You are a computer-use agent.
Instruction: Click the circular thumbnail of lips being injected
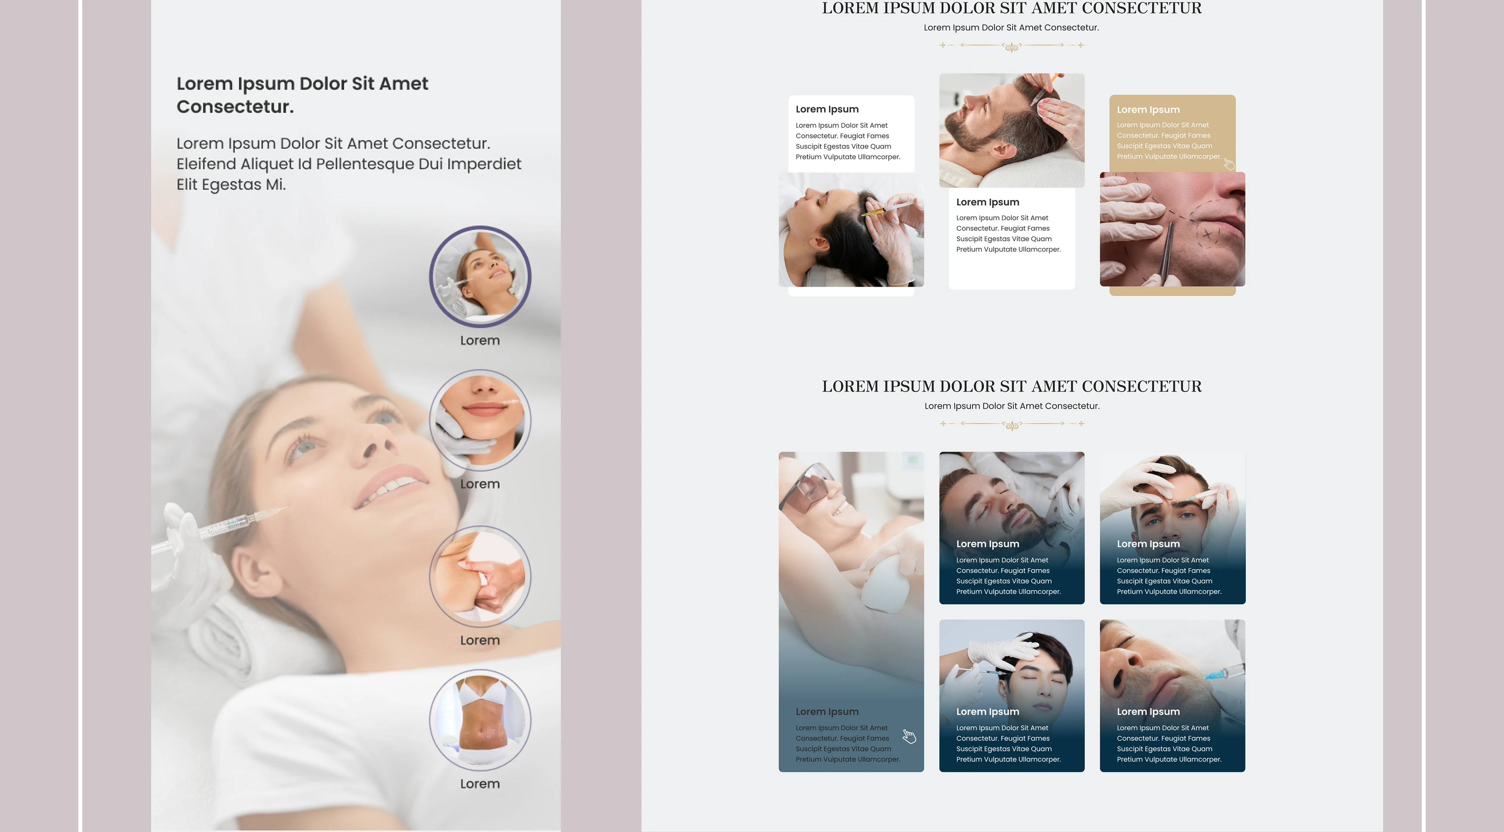coord(480,420)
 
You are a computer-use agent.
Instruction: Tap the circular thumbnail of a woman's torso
coord(480,720)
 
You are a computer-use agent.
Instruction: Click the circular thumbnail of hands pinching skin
coord(480,576)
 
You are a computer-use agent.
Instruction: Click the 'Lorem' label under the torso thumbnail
coord(480,783)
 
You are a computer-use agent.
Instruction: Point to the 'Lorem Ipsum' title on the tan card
coord(1148,110)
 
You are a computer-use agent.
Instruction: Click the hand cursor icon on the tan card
coord(1229,164)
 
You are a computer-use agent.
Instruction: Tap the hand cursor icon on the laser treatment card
coord(909,736)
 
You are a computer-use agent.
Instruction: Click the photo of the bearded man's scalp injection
coord(1012,130)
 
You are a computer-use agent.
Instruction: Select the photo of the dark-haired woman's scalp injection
coord(851,230)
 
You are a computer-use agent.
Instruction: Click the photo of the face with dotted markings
coord(1172,229)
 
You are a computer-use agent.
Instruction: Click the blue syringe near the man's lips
coord(1220,675)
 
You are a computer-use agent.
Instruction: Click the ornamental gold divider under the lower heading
coord(1012,425)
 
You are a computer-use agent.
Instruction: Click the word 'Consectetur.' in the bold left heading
coord(235,107)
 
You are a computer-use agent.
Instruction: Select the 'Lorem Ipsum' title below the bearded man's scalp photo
coord(987,203)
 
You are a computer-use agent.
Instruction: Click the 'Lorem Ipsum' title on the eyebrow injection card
coord(1148,544)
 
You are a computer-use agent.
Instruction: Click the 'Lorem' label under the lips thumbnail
coord(480,484)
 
